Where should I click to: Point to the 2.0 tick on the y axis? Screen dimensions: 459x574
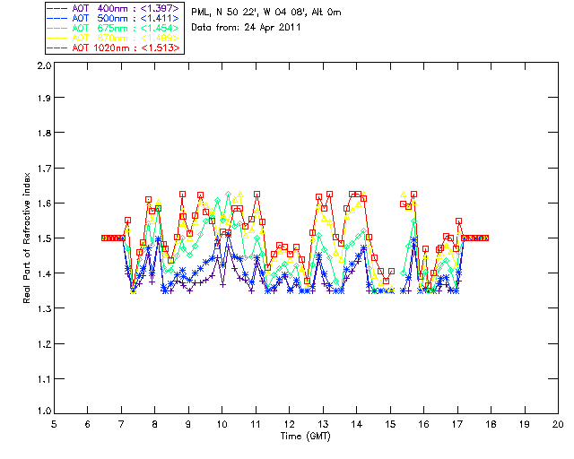(41, 66)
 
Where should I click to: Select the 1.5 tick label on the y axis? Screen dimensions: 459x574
(41, 239)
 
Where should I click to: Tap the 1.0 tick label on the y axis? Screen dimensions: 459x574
(41, 411)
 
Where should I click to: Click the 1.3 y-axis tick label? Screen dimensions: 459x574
(41, 308)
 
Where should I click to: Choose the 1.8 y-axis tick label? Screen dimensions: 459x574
(41, 135)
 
